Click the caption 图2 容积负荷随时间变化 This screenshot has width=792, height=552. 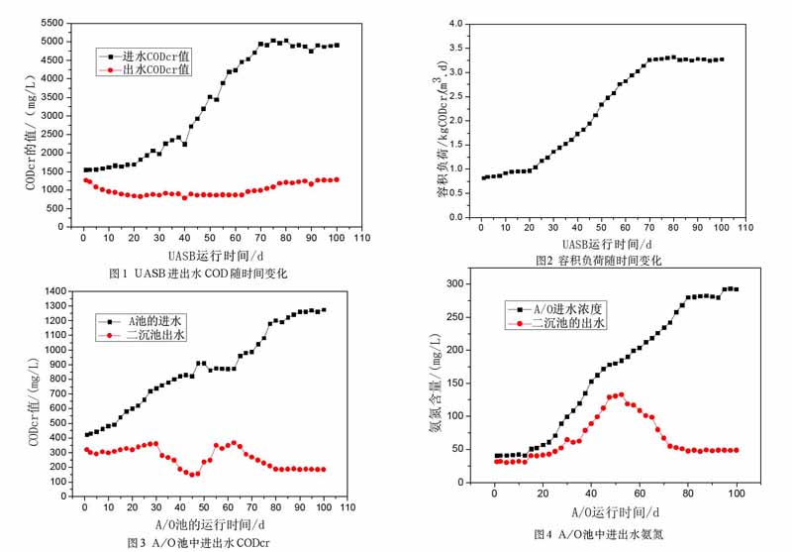(598, 261)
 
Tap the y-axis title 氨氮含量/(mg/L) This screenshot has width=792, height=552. (434, 385)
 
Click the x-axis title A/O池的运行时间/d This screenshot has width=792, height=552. (209, 524)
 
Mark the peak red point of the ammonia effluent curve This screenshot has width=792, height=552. (620, 394)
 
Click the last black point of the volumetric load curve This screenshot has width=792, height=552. (722, 59)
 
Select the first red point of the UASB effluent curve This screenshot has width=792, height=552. (84, 179)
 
